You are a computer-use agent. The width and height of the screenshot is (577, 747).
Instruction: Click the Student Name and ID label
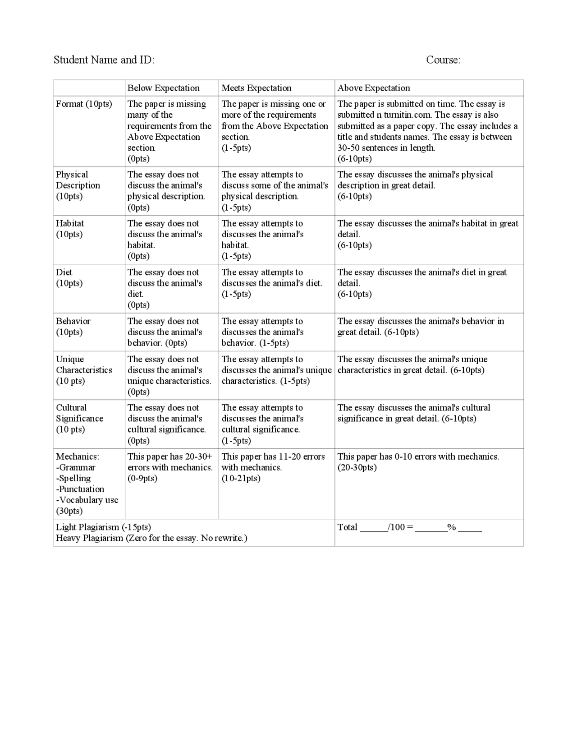(104, 60)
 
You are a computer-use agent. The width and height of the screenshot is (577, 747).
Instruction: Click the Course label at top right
(443, 60)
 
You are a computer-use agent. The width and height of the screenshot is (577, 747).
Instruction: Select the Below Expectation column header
(163, 88)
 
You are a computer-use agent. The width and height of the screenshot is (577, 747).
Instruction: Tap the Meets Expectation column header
(256, 88)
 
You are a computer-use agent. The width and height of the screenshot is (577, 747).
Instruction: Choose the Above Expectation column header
(374, 88)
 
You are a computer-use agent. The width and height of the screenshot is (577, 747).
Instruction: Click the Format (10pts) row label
(84, 104)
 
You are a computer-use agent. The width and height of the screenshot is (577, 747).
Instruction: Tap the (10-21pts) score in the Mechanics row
(241, 478)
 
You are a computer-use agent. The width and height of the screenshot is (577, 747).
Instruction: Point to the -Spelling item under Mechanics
(73, 478)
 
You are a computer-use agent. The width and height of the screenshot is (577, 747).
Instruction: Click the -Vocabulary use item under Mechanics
(87, 500)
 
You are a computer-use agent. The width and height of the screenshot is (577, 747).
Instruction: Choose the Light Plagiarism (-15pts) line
(103, 527)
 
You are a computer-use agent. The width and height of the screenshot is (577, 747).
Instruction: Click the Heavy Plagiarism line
(151, 538)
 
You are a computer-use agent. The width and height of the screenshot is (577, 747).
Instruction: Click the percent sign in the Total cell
(451, 527)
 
